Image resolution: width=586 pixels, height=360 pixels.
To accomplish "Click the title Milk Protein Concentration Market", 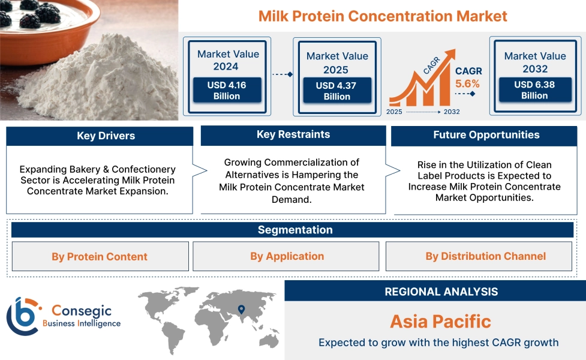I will (x=383, y=16).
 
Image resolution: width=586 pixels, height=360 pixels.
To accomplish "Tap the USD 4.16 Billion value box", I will (x=227, y=91).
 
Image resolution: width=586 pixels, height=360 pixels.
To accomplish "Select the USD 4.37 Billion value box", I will (x=336, y=91).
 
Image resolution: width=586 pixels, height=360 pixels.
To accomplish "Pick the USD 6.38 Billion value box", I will (x=534, y=90).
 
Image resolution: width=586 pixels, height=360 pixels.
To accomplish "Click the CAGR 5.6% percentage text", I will (x=468, y=84).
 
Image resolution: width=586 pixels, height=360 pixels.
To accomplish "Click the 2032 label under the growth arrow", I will (x=451, y=112).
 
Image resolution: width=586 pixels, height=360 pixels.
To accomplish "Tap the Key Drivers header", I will (x=100, y=136).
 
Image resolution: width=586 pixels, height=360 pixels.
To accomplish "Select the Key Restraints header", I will (x=293, y=135).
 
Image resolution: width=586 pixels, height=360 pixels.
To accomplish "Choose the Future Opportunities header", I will (x=486, y=136).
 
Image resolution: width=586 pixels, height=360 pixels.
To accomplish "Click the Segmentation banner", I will (x=294, y=230).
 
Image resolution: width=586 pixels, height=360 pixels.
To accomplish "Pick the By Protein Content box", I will (x=100, y=257).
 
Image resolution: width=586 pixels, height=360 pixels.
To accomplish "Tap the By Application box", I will (x=287, y=256).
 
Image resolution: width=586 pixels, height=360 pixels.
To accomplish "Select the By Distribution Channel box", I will (x=485, y=256).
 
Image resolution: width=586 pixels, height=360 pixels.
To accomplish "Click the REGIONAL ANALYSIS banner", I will (x=441, y=292).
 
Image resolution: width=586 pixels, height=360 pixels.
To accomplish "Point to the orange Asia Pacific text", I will (x=440, y=321).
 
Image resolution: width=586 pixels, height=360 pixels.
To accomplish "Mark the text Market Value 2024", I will (x=228, y=60).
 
